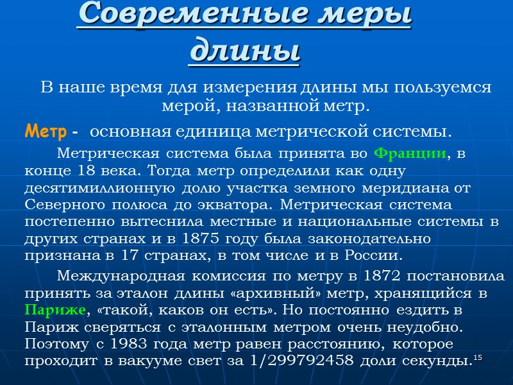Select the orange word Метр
point(46,132)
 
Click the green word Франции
point(409,154)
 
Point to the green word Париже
point(55,310)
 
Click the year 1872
point(390,277)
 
